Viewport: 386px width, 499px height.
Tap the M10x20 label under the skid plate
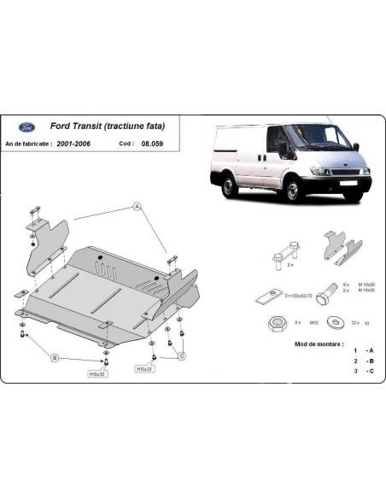click(x=144, y=368)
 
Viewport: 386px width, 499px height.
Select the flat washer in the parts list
click(x=330, y=323)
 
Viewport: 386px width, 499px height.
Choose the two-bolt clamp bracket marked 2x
click(x=285, y=254)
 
